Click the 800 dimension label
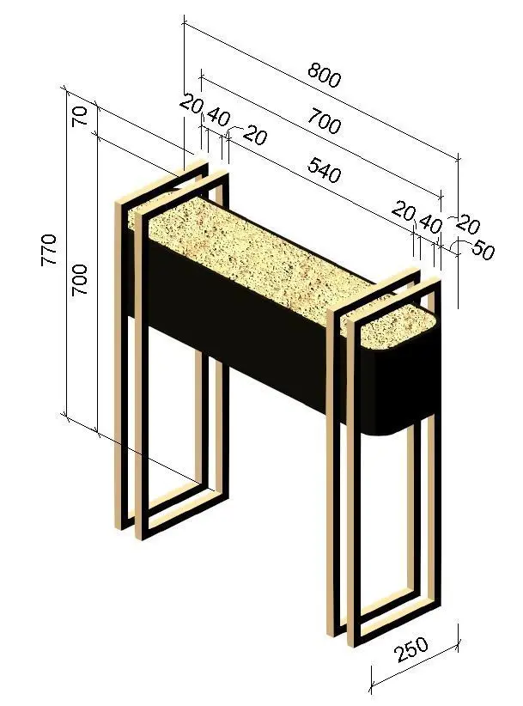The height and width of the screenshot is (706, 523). (325, 76)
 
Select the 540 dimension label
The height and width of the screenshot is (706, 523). (324, 171)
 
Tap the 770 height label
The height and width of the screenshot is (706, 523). (49, 250)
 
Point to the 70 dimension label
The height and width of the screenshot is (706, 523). (79, 116)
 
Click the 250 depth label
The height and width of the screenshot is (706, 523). (411, 649)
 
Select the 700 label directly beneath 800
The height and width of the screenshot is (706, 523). (325, 122)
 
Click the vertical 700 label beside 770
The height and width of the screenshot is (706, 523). (79, 279)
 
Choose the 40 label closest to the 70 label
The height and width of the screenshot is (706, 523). (219, 117)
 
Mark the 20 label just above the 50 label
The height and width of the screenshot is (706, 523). (468, 225)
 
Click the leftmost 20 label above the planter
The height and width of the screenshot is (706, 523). (192, 104)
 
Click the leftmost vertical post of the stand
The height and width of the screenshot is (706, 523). (119, 365)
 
